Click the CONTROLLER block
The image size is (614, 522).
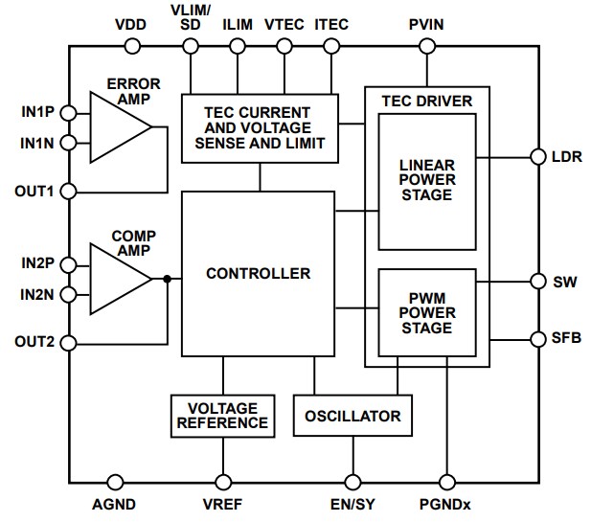tap(258, 274)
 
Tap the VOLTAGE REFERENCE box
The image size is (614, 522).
tap(222, 416)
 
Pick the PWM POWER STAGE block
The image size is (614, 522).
tap(427, 313)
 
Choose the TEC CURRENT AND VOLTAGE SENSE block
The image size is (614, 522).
tap(260, 128)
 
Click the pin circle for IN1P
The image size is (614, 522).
tap(68, 112)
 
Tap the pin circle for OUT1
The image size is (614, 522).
tap(68, 191)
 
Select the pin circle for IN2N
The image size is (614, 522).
tap(68, 294)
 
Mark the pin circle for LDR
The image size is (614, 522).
tap(534, 156)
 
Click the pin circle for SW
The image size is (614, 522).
tap(534, 283)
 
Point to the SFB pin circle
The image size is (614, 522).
tap(534, 337)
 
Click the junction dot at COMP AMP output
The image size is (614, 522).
tap(167, 279)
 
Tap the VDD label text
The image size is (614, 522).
tap(129, 24)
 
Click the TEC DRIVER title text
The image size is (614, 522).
tap(427, 101)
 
